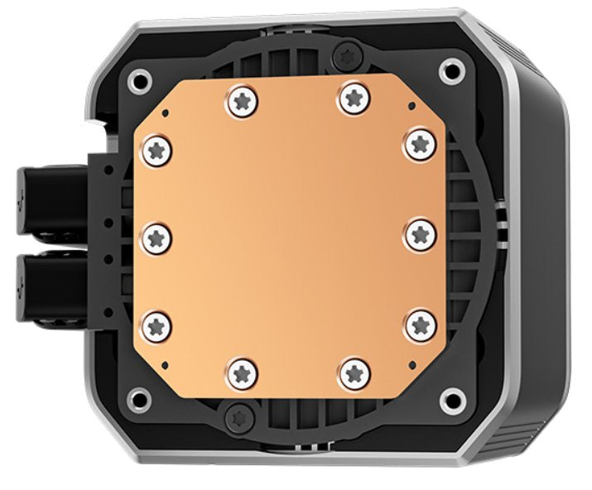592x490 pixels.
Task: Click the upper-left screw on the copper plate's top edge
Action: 242,103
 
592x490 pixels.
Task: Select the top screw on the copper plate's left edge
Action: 157,151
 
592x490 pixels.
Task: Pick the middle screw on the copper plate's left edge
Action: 157,238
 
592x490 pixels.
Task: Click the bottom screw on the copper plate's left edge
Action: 157,323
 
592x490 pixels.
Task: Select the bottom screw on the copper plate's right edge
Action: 421,323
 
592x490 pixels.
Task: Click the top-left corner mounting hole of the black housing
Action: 139,79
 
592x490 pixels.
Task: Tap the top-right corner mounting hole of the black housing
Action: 453,70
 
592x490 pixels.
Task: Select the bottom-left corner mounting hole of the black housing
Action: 137,401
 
